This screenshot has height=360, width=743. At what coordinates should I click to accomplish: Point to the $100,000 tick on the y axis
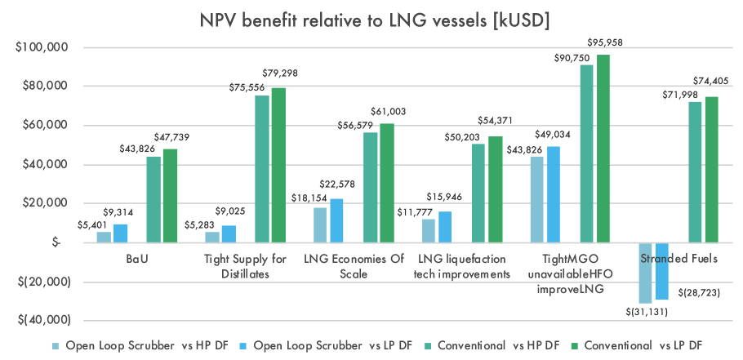pos(42,47)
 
